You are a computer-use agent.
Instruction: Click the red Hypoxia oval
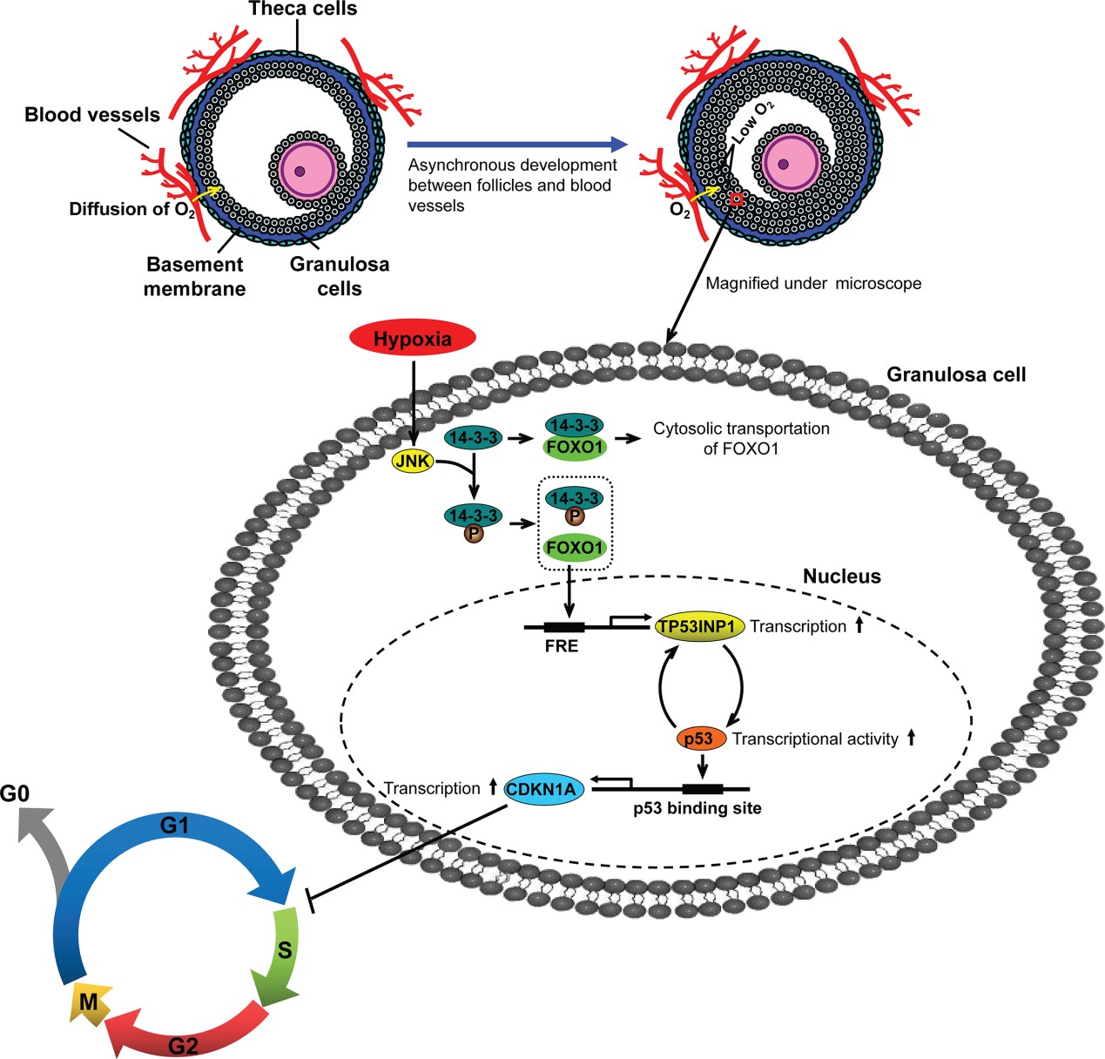pos(412,339)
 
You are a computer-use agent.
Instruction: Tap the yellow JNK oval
pos(413,461)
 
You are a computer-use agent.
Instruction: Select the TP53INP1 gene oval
pos(699,626)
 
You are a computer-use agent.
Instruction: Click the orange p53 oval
pos(701,739)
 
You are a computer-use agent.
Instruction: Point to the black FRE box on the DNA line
pos(563,626)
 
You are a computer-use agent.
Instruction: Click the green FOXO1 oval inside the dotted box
pos(575,548)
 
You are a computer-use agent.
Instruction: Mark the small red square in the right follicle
pos(736,199)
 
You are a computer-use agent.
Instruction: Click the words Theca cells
pos(302,10)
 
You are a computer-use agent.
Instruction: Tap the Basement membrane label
pos(194,276)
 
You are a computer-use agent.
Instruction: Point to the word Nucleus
pos(841,577)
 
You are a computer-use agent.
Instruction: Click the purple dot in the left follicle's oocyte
pos(300,172)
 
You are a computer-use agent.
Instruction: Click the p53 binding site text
pos(697,808)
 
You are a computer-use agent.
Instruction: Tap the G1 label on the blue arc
pos(174,825)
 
